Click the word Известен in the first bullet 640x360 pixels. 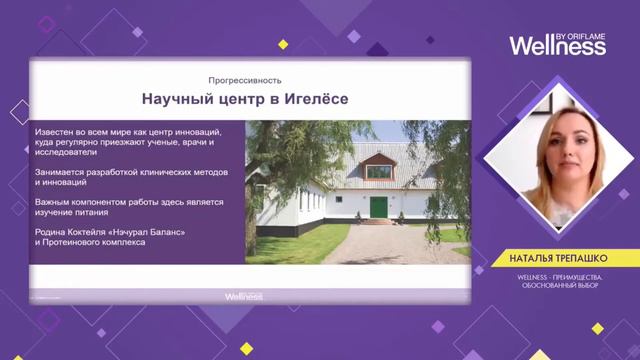click(x=56, y=132)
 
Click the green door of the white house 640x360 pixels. click(x=379, y=207)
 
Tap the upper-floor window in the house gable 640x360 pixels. click(x=379, y=171)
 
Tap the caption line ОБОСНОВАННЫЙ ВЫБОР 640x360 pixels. click(x=558, y=287)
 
